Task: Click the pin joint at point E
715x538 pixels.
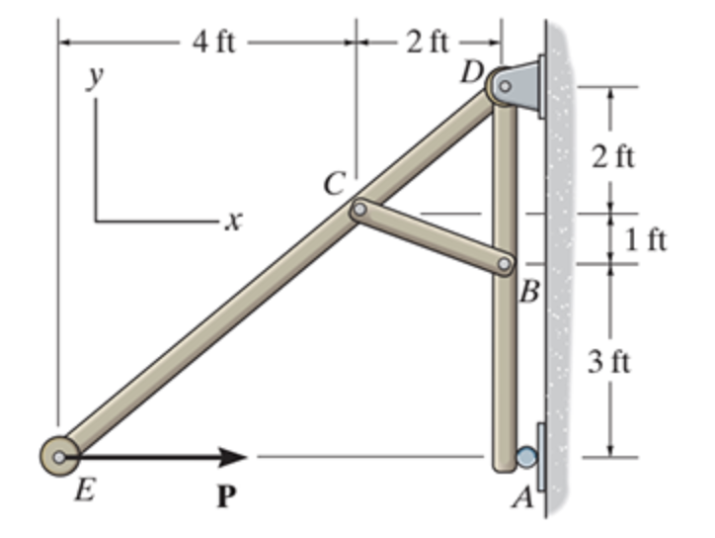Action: click(60, 456)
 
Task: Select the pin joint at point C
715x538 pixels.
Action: click(358, 209)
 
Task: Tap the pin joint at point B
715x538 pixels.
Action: click(505, 264)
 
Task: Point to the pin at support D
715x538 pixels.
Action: click(504, 86)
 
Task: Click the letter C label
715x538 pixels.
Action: click(335, 183)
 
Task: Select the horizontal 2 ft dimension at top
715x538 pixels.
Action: click(427, 43)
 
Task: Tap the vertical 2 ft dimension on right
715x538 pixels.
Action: click(614, 157)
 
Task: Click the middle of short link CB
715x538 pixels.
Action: click(432, 236)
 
